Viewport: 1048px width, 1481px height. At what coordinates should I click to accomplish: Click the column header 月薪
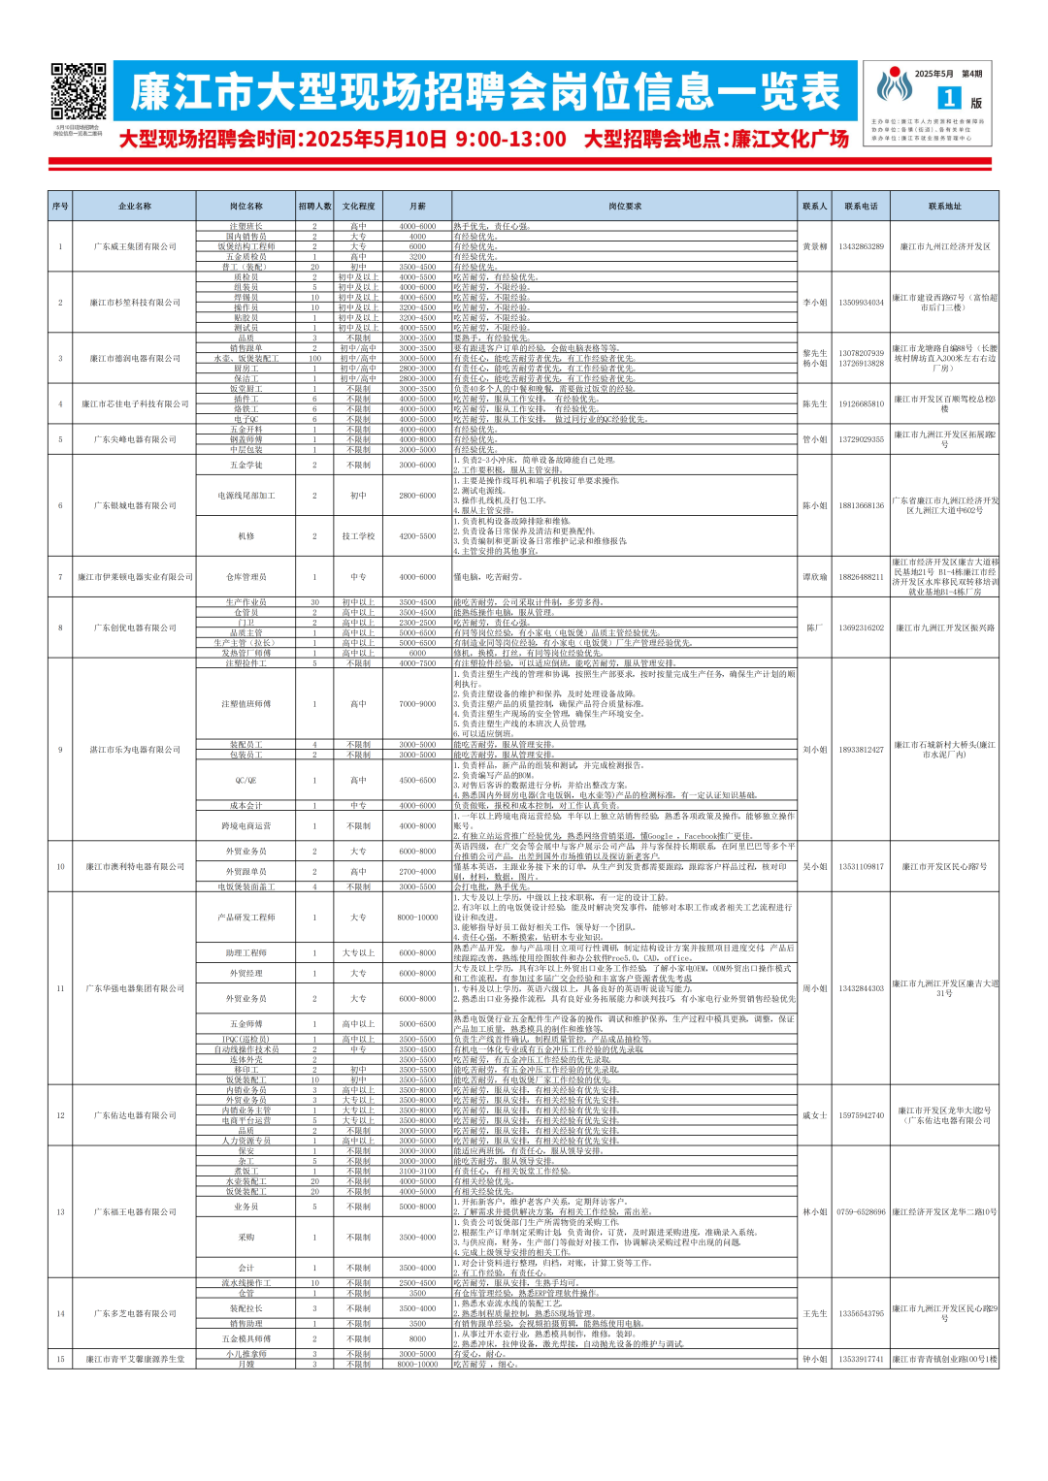click(x=417, y=206)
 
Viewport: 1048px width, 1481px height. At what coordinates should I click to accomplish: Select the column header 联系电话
click(x=861, y=206)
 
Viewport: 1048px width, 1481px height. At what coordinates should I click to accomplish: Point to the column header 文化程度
click(x=358, y=206)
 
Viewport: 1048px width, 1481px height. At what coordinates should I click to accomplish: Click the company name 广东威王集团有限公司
click(x=135, y=246)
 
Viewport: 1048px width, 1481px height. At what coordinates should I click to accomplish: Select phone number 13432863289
click(x=861, y=246)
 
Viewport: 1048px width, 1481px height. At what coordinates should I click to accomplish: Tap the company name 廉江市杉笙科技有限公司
click(x=135, y=303)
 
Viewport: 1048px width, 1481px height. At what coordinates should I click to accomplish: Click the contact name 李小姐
click(x=814, y=303)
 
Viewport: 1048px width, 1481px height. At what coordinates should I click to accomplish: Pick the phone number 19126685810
click(x=861, y=403)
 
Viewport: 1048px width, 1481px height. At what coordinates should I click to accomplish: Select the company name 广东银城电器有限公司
click(x=135, y=505)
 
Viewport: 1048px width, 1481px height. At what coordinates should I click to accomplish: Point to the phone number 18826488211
click(x=861, y=577)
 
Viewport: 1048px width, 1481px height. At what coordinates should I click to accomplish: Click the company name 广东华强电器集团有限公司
click(x=135, y=988)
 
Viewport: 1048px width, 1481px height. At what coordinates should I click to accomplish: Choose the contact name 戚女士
click(x=814, y=1115)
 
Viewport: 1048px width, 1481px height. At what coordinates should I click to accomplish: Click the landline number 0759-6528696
click(x=861, y=1211)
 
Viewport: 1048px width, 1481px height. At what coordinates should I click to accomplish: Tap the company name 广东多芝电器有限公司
click(x=135, y=1313)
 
